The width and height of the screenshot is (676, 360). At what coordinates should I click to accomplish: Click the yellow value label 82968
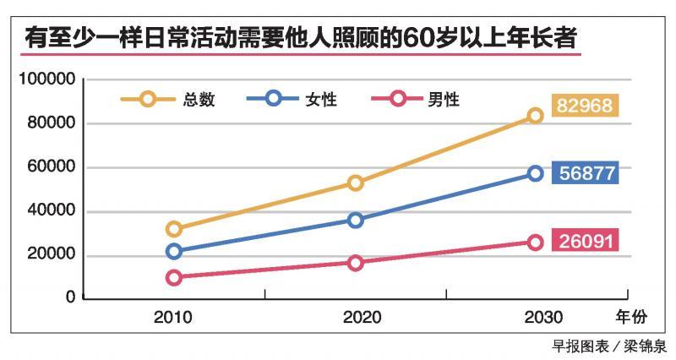point(586,106)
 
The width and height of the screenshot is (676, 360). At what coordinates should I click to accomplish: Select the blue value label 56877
point(586,173)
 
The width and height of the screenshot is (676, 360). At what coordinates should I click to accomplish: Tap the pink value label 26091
point(586,240)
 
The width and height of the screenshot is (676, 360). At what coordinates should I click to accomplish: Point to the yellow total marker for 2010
point(174,229)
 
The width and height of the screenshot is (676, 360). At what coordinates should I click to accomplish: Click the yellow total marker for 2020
point(355,183)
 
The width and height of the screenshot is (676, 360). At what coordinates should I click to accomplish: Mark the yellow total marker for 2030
point(535,115)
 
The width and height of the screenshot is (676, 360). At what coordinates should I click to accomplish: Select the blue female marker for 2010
point(174,251)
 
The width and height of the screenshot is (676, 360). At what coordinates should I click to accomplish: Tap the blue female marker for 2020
point(355,220)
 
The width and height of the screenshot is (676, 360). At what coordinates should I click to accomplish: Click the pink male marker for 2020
point(355,263)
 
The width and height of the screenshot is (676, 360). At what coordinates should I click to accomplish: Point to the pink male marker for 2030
point(535,243)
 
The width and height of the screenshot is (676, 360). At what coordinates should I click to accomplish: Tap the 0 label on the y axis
point(71,298)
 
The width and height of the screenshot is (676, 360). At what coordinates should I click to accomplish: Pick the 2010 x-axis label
point(172,319)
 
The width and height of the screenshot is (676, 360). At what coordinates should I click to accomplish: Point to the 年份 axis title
point(630,319)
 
